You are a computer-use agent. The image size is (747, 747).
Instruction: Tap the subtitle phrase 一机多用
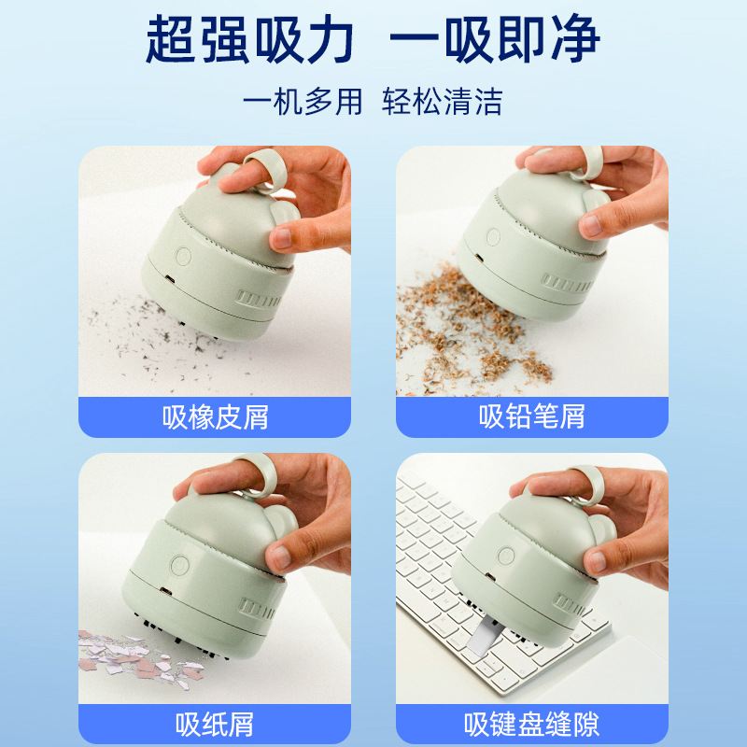[302, 100]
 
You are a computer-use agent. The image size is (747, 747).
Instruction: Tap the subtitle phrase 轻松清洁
[443, 100]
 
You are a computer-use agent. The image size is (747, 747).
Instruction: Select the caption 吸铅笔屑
[532, 416]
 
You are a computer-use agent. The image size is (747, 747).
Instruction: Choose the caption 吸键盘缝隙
[532, 722]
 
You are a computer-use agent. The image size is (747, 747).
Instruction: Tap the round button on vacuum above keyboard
[506, 556]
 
